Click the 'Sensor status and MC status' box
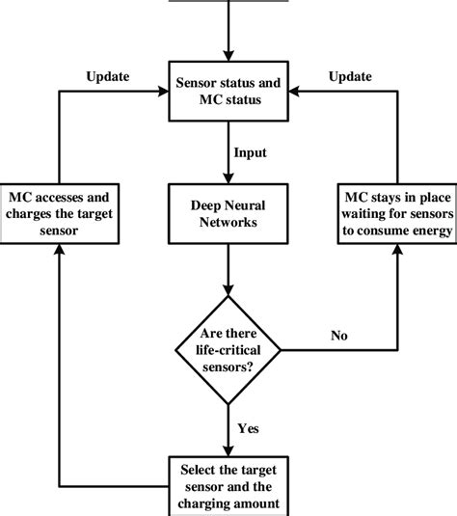pos(228,94)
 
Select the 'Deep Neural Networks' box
pos(228,211)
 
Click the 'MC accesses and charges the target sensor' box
pos(60,211)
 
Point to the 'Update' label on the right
pos(350,76)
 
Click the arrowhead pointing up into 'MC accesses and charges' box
pos(60,248)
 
